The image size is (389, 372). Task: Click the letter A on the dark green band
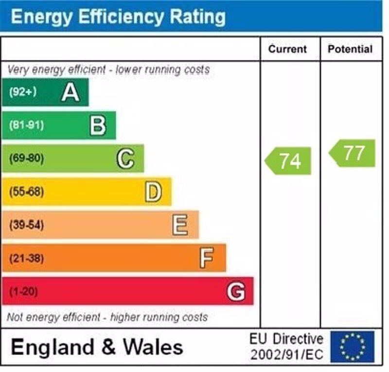71,92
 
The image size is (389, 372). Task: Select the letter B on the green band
98,125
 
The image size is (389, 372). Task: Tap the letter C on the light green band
125,159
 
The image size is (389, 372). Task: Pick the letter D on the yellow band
153,192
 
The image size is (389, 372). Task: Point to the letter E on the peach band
180,225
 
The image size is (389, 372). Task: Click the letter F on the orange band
207,258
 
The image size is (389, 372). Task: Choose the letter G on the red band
236,292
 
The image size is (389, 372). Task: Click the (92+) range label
23,92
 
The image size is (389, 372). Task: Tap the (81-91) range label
26,125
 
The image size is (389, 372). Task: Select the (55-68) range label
26,192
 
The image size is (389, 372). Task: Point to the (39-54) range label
26,225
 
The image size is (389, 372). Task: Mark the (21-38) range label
26,258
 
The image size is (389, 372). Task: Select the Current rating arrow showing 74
288,161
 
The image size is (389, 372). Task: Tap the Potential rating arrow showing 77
353,153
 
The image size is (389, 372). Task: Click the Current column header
288,49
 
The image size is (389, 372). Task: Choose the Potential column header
350,49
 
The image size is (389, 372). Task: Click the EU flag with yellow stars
353,347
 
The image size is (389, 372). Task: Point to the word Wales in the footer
153,347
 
